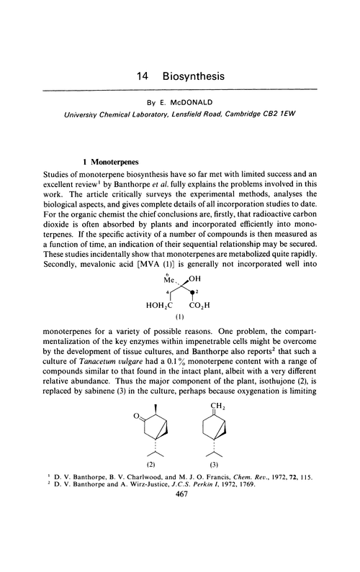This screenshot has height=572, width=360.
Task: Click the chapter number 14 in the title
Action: [143, 76]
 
